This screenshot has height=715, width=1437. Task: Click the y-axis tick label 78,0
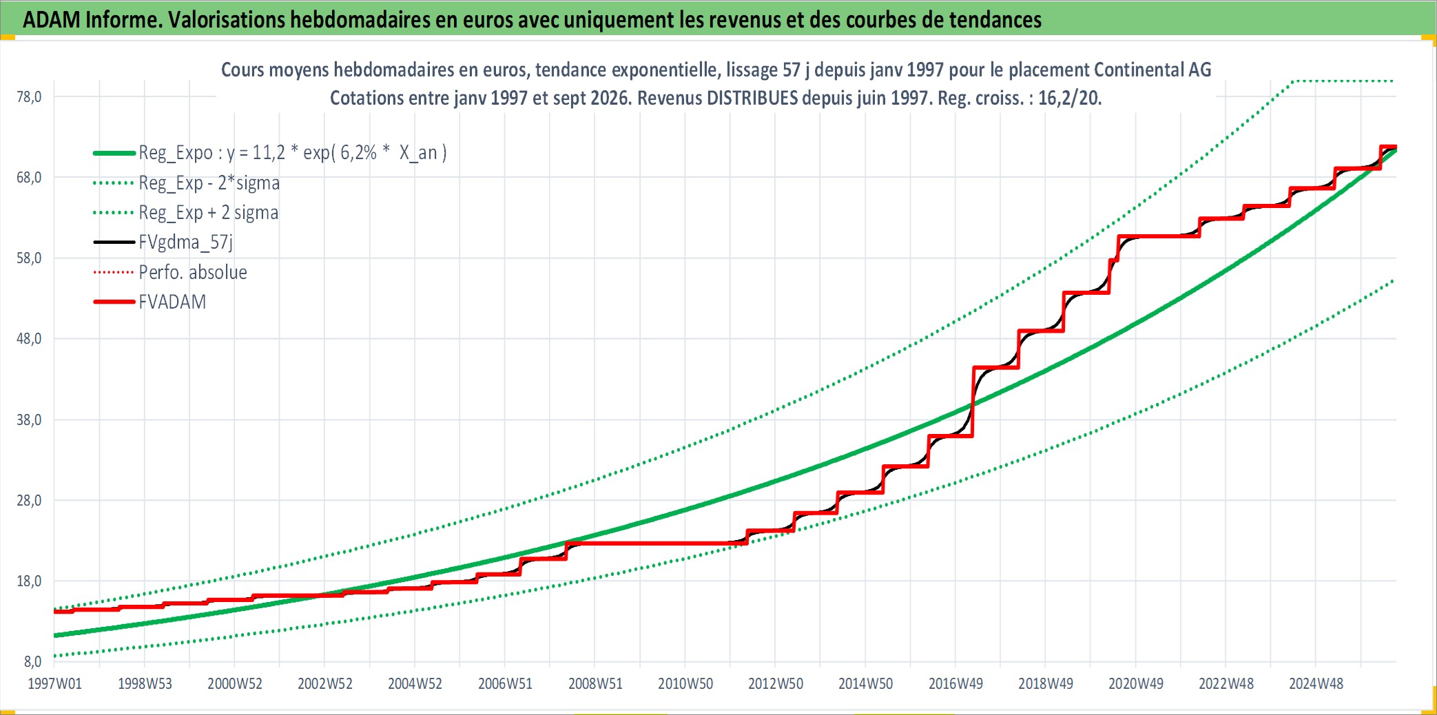coord(29,96)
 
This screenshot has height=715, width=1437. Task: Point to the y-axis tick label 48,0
coord(29,338)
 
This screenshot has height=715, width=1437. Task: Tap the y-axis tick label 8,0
coord(32,661)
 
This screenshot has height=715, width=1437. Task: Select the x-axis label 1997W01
coord(54,683)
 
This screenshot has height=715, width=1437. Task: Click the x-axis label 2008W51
coord(595,683)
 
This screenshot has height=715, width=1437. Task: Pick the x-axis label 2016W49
coord(955,683)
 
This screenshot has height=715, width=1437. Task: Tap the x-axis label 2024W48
coord(1316,683)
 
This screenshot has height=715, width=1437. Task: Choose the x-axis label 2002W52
coord(325,683)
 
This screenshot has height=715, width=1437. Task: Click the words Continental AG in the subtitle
coord(1152,70)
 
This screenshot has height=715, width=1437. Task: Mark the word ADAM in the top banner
coord(52,19)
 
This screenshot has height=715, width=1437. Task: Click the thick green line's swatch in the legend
coord(114,153)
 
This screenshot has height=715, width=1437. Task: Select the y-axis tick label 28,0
coord(29,500)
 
